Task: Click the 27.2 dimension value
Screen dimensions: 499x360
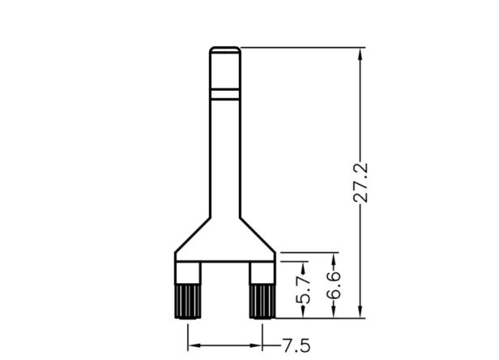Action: (x=361, y=183)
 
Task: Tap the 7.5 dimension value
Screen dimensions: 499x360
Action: (x=296, y=345)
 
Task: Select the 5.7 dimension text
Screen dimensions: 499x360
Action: (x=303, y=290)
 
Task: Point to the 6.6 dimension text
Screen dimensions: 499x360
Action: (x=334, y=285)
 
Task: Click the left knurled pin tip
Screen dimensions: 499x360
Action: (x=188, y=301)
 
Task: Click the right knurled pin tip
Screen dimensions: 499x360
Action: (x=262, y=301)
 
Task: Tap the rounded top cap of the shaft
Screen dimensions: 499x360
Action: (x=225, y=50)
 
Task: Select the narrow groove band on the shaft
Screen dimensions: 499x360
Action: (x=225, y=94)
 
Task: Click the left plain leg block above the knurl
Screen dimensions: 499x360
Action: (x=188, y=272)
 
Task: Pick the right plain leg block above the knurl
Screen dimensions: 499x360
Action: (x=262, y=272)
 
